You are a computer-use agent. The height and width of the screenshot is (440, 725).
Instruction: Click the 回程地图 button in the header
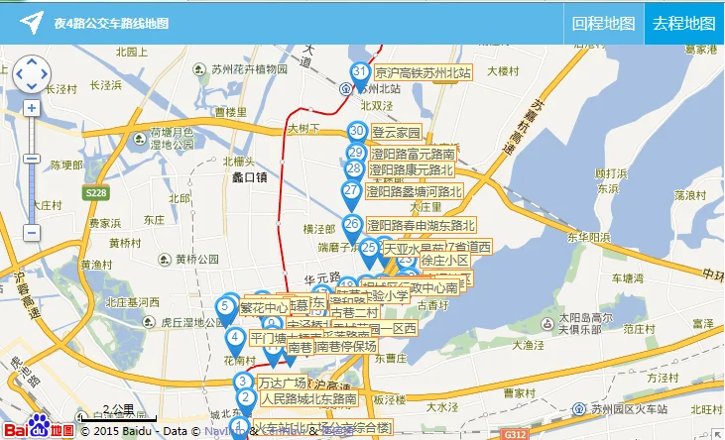point(604,23)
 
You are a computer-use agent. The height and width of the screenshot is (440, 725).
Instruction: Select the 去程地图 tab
point(683,23)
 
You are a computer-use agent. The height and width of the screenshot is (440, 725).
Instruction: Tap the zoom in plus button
point(32,108)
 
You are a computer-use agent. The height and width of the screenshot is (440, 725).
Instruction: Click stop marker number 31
point(360,73)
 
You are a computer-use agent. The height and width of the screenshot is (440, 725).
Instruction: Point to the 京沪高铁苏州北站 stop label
point(423,72)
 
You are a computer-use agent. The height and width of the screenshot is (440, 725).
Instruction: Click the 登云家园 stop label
point(397,132)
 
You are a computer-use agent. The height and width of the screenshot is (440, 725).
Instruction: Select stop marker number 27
point(351,191)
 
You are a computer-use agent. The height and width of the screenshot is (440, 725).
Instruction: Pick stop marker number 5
point(226,307)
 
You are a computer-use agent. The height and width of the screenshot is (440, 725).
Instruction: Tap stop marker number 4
point(235,338)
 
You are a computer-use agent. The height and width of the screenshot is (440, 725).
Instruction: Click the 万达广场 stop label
point(282,383)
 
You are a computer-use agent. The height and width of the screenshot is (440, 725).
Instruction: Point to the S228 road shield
point(95,192)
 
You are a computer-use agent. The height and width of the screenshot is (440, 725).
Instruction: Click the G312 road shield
point(515,433)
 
